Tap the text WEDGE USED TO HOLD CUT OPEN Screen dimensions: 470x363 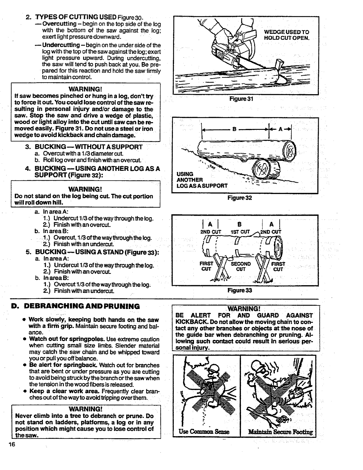click(287, 35)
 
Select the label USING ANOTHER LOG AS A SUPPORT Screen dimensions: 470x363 click(202, 180)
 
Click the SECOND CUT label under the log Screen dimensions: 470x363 click(241, 266)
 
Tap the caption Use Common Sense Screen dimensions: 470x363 click(205, 432)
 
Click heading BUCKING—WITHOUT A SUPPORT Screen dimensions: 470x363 click(89, 147)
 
